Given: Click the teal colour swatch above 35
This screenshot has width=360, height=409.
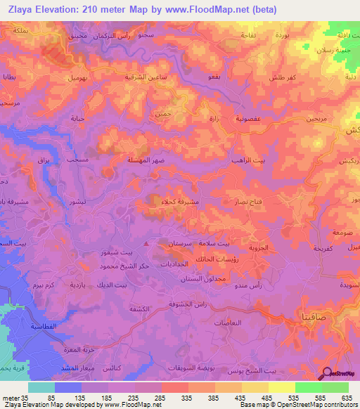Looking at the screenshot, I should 41,387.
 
